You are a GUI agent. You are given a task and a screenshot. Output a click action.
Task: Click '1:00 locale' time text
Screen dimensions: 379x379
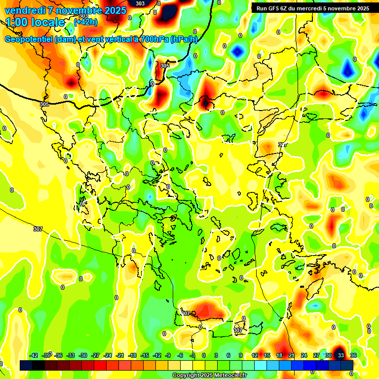[x=36, y=23]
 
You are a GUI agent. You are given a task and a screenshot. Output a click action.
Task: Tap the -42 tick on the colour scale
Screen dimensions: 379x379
[x=34, y=355]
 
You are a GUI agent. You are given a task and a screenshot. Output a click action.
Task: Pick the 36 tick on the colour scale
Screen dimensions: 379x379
[x=353, y=355]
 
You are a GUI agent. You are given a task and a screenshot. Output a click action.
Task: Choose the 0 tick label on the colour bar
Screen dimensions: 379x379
[x=203, y=355]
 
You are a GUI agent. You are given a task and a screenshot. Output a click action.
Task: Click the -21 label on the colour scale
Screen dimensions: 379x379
[x=119, y=355]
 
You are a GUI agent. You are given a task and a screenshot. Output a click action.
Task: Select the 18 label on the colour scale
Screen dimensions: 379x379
[x=279, y=355]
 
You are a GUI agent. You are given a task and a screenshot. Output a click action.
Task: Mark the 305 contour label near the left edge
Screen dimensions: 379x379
[x=44, y=104]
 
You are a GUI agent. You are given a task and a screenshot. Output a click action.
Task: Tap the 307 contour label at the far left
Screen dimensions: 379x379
[x=38, y=229]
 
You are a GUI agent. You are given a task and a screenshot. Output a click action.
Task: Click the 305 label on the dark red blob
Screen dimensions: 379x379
[x=165, y=66]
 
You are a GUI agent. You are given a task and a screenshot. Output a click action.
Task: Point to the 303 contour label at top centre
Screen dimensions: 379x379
[x=140, y=3]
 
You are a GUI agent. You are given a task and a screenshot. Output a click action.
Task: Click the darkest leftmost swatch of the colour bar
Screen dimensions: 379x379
[x=26, y=365]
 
